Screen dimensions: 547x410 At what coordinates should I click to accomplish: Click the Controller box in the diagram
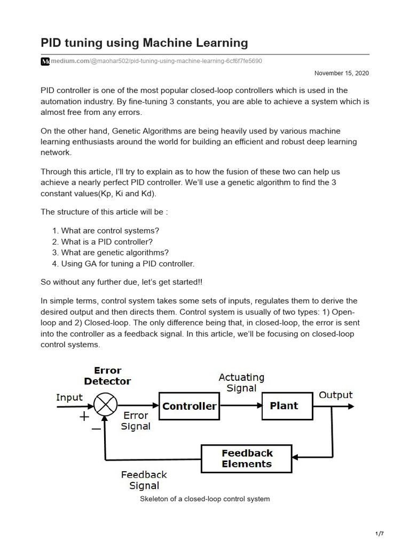click(190, 406)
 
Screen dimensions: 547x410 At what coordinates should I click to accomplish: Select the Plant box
click(284, 406)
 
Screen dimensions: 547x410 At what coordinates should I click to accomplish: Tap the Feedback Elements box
click(247, 458)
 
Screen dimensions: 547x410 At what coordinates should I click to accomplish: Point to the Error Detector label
click(107, 376)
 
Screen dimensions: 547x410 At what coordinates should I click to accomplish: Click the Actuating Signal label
click(241, 382)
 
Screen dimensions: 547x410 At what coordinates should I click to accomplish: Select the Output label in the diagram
click(336, 395)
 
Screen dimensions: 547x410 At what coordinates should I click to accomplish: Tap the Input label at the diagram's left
click(69, 397)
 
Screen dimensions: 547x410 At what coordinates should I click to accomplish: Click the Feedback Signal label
click(144, 480)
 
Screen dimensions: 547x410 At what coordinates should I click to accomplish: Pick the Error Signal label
click(136, 420)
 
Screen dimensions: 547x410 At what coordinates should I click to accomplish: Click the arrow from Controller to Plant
click(241, 406)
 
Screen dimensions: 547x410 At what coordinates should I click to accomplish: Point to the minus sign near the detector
click(96, 428)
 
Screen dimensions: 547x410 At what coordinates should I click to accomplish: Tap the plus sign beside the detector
click(84, 417)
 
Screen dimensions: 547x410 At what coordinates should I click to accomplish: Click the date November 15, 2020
click(341, 73)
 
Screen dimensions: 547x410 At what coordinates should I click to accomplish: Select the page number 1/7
click(380, 534)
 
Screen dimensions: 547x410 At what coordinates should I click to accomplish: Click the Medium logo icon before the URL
click(45, 61)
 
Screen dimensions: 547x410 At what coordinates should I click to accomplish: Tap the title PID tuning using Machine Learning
click(144, 42)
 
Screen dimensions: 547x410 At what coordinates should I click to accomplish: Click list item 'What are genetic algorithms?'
click(115, 253)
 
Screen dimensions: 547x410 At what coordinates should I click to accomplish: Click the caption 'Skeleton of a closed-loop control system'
click(204, 499)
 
